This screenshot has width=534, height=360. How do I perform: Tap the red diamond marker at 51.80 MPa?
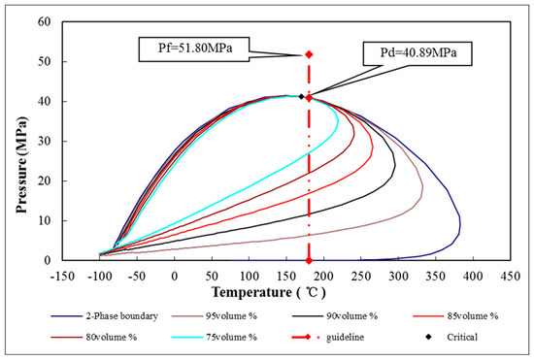pos(309,54)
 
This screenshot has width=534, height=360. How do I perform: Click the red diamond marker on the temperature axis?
pos(309,260)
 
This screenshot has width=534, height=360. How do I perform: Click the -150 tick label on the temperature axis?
pos(63,274)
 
